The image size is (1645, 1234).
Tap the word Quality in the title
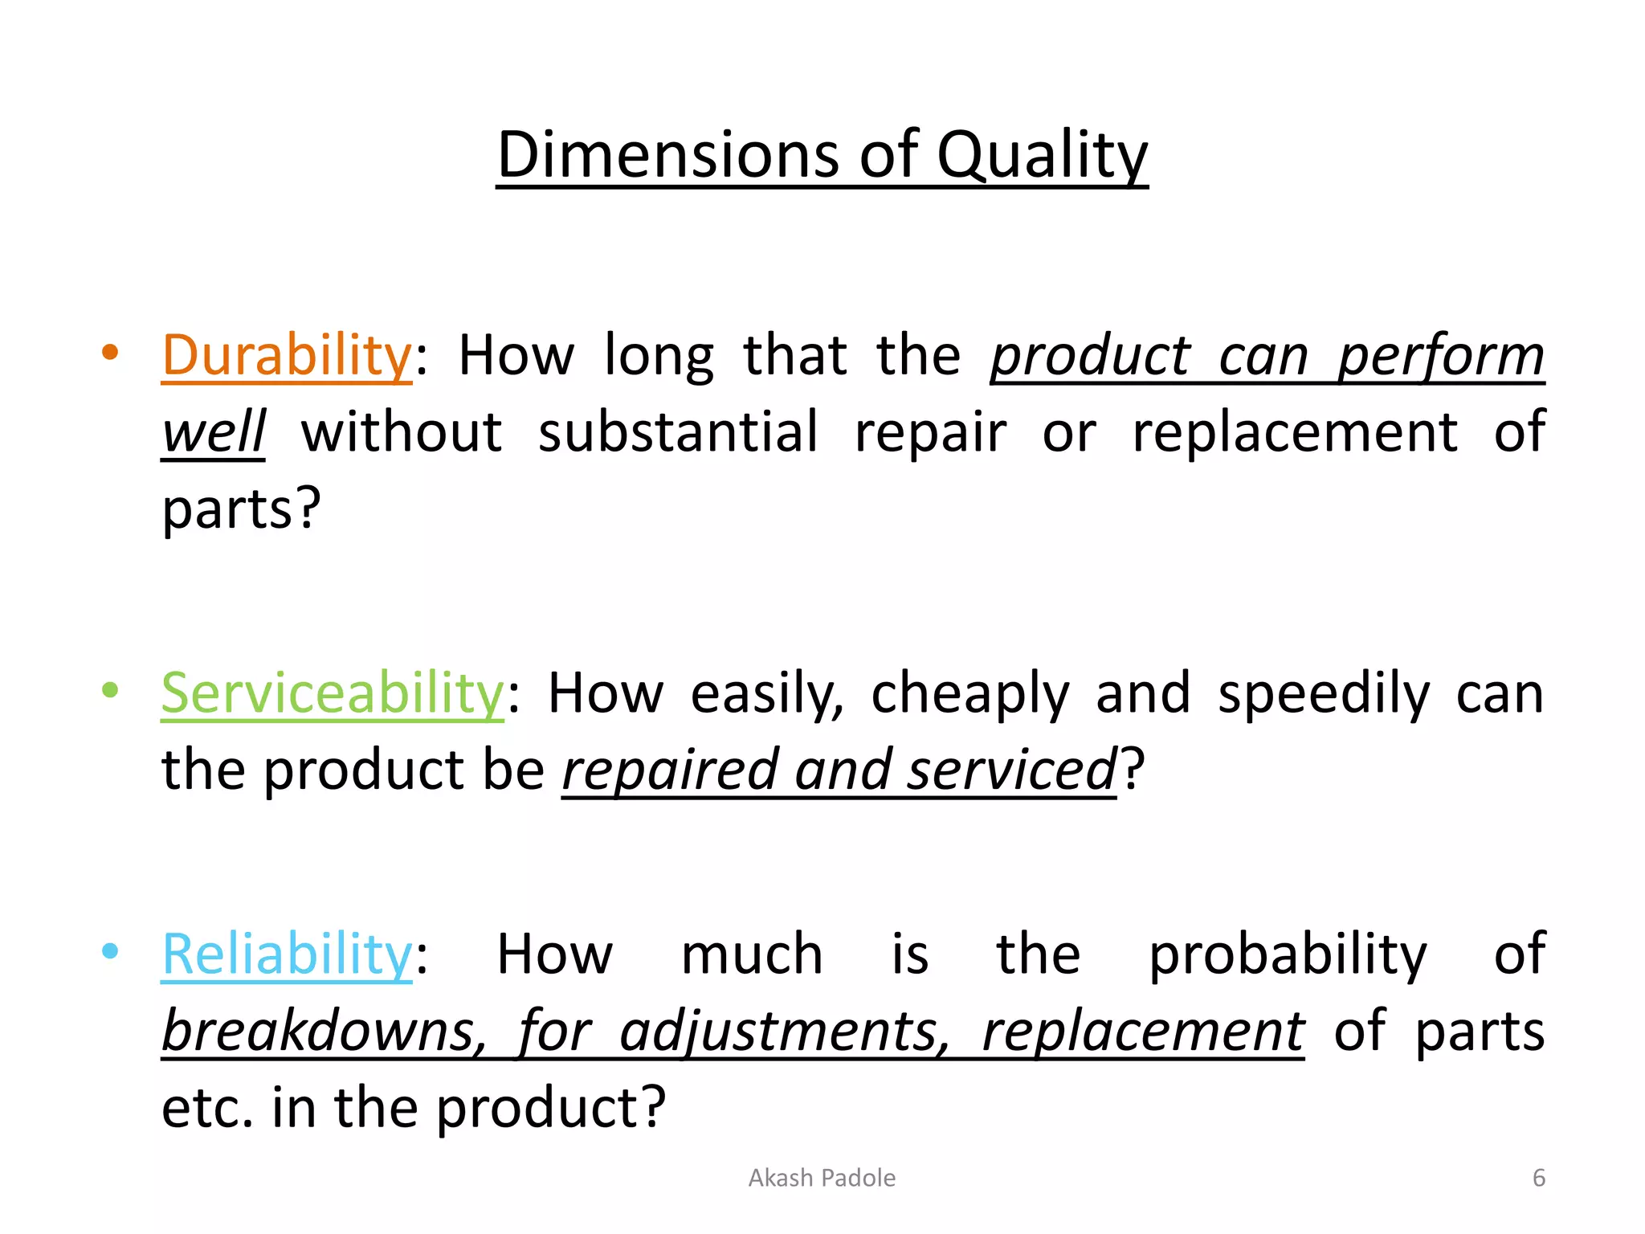[x=1042, y=154]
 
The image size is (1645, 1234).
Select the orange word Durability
[x=287, y=356]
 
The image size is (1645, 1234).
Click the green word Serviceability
[x=333, y=693]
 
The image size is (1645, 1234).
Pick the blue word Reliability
[x=287, y=954]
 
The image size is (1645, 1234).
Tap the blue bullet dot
[x=110, y=951]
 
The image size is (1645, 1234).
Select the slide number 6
[x=1538, y=1178]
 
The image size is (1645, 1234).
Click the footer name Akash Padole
[x=822, y=1178]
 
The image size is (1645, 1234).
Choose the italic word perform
[x=1440, y=356]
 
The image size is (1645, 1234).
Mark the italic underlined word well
[x=213, y=432]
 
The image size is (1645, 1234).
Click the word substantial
[x=678, y=432]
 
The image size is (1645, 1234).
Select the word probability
[x=1288, y=954]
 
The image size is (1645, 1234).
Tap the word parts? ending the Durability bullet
[x=241, y=509]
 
